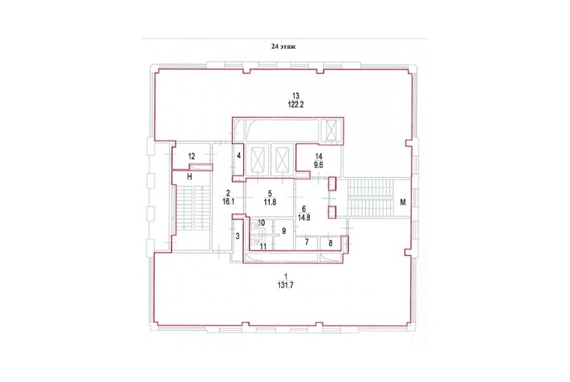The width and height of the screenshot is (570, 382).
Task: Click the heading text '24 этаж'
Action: coord(284,46)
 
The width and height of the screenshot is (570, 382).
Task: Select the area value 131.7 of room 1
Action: coord(285,285)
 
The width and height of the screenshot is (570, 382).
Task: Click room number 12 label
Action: coord(191,156)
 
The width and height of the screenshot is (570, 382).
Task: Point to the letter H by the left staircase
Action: coord(189,177)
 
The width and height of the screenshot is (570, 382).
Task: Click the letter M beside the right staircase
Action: coord(403,202)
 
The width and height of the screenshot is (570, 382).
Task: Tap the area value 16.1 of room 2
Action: coord(227,202)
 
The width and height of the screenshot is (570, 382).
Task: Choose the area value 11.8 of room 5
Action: coord(270,202)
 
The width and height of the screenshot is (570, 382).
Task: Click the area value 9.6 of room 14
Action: coord(319,164)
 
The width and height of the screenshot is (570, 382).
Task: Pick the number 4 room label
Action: coord(239,156)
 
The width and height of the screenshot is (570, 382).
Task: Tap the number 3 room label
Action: coord(237,237)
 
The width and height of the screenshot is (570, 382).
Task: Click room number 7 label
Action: coord(307,242)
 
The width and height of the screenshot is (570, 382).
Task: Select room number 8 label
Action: coord(331,243)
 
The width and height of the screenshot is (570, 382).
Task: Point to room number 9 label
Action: coord(284,231)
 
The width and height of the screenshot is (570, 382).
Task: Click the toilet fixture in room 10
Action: coord(255,225)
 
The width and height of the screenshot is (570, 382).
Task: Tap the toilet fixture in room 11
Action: coord(255,241)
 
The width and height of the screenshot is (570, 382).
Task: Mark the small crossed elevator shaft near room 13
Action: coord(332,130)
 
